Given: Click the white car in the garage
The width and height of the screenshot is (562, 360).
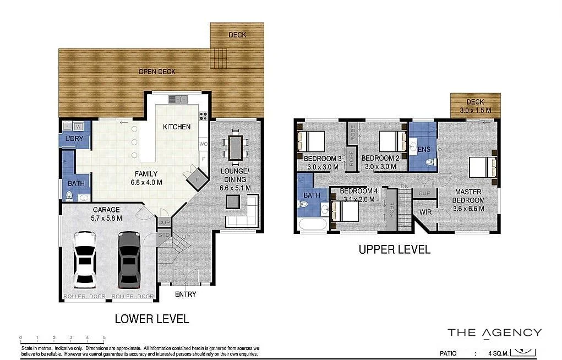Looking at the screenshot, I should [x=85, y=259].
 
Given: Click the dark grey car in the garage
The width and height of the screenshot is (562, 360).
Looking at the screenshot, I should [x=128, y=259].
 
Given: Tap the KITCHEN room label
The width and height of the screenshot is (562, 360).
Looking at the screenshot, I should [x=177, y=127].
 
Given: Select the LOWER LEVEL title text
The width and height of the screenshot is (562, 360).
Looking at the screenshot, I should [x=151, y=319].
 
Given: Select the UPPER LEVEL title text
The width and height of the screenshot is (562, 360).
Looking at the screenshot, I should [x=394, y=249].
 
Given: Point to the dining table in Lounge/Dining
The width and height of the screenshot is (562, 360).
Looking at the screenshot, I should [x=235, y=147].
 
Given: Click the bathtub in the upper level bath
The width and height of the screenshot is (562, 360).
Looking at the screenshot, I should [x=311, y=224].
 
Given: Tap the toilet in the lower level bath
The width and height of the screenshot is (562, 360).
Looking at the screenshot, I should [x=69, y=195].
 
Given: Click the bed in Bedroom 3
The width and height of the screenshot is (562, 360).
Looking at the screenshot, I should [x=312, y=141].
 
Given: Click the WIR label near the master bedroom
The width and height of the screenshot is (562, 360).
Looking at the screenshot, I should [x=425, y=212].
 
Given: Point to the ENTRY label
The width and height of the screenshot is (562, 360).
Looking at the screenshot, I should [x=185, y=294].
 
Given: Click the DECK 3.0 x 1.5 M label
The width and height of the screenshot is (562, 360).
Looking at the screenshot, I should [x=475, y=106].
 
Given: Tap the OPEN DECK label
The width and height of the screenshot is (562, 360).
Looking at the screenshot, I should [x=156, y=72].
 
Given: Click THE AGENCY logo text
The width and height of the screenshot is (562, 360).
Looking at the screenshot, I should [x=494, y=332].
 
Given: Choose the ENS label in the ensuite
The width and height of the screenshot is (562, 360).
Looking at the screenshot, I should [x=424, y=149].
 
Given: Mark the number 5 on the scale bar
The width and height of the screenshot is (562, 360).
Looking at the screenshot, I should [x=104, y=338].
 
